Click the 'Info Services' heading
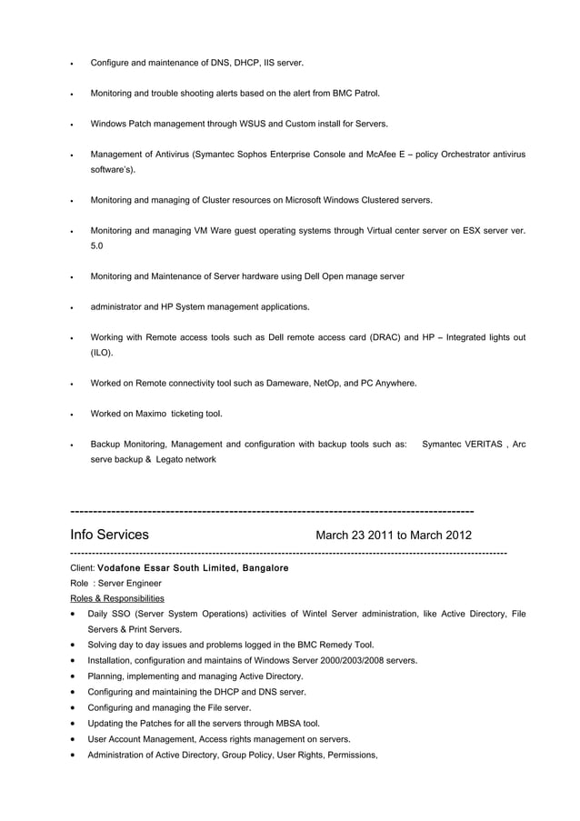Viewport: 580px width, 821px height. [110, 535]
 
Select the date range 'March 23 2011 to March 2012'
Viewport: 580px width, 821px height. [393, 535]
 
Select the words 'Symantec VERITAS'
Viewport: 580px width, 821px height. [462, 445]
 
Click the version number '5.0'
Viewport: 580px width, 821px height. [97, 245]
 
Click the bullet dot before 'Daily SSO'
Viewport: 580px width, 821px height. [74, 615]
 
